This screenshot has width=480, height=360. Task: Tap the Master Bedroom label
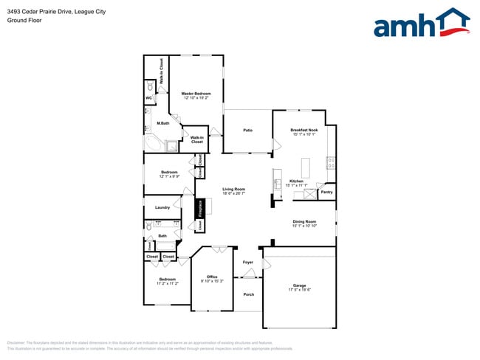[196, 94]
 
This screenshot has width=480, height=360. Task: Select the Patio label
[248, 131]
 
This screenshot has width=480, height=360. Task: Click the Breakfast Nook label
[304, 131]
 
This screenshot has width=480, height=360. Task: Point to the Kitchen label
[296, 181]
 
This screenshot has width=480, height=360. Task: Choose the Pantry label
[326, 192]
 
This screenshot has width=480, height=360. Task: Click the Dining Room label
[304, 221]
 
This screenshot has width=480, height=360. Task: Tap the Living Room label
[234, 190]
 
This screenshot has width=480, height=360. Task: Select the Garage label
[299, 285]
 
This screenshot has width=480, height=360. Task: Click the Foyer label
[248, 262]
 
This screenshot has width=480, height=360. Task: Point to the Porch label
[248, 294]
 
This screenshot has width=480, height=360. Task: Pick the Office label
[212, 277]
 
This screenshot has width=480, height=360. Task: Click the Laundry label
[162, 207]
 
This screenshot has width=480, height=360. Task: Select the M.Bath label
[163, 123]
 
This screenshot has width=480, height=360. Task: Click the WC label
[148, 97]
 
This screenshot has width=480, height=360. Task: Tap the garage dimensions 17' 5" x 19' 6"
[299, 289]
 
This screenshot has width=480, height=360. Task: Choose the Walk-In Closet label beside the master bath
[197, 139]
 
